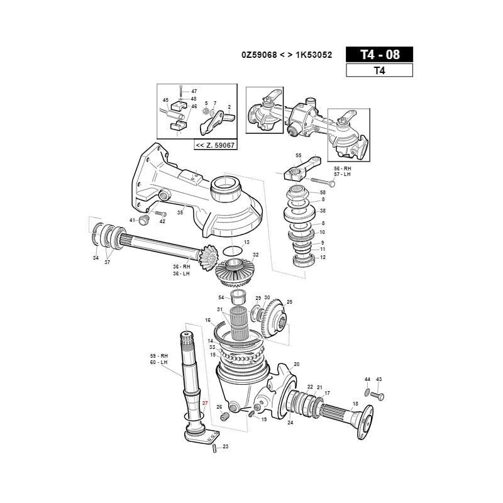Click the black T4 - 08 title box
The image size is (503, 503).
[x=379, y=55]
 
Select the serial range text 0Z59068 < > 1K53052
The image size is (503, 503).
[x=286, y=55]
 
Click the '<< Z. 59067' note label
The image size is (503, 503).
[x=214, y=145]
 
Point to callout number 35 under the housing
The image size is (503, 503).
[x=180, y=213]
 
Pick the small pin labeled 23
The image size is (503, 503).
[x=215, y=448]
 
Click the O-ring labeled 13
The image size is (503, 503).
[x=233, y=250]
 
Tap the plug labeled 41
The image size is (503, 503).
[x=143, y=219]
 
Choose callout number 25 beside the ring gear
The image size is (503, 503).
[x=289, y=302]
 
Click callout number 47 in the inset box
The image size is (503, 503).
[x=194, y=91]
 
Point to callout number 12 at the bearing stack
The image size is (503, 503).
[x=323, y=257]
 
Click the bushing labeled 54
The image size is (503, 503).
[x=238, y=297]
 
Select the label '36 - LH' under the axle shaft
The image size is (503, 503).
[x=182, y=273]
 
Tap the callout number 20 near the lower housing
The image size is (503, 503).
[x=297, y=364]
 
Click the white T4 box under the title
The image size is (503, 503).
[x=379, y=70]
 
